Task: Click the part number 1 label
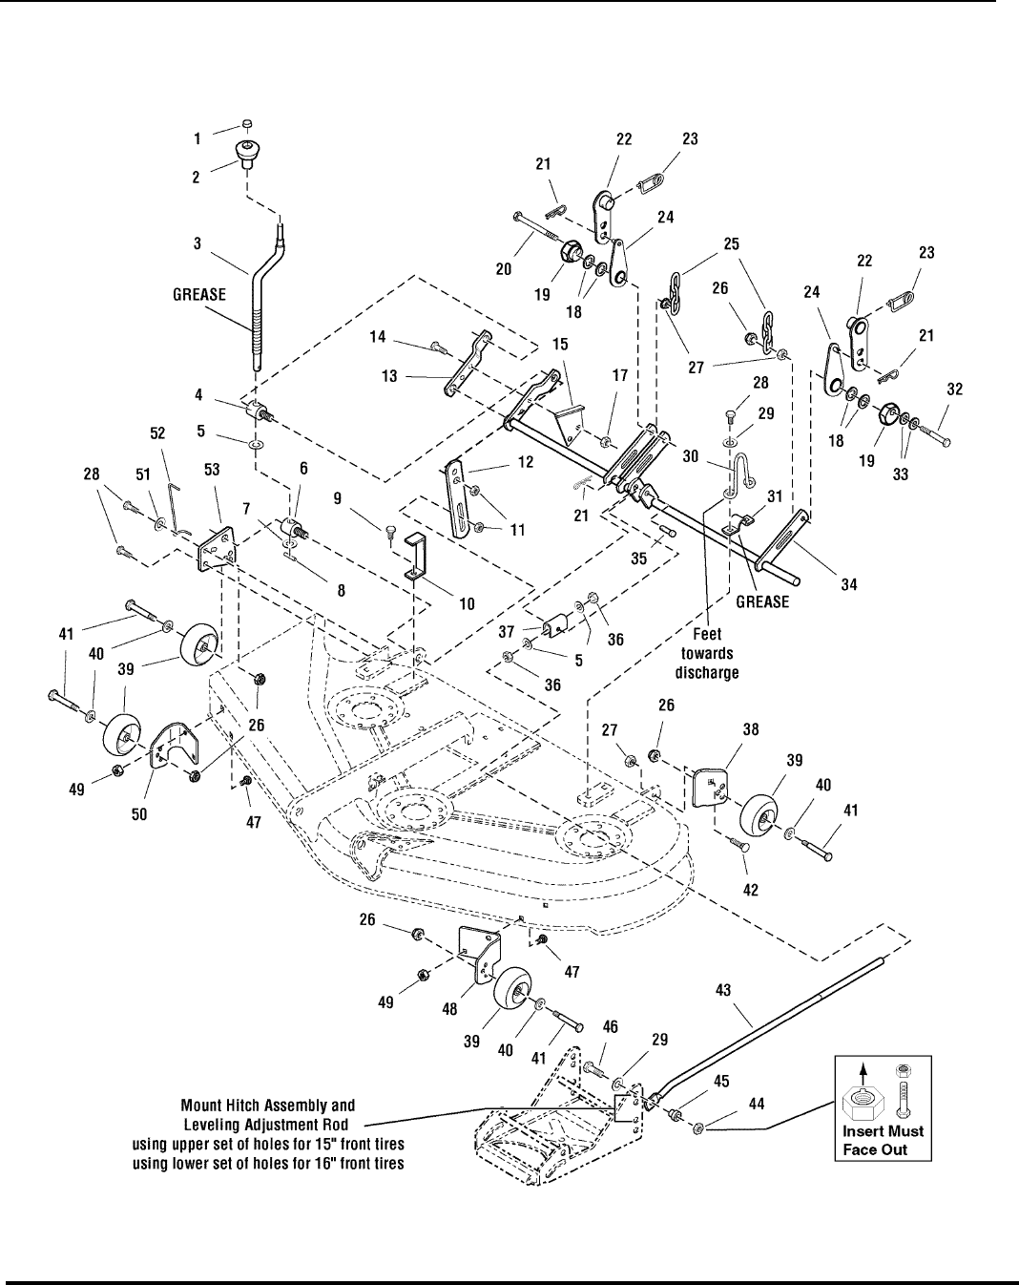tap(198, 138)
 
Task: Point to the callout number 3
tap(198, 243)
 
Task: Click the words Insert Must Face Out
tap(883, 1140)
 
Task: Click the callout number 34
tap(848, 583)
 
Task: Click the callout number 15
tap(559, 343)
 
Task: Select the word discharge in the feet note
tap(707, 673)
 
